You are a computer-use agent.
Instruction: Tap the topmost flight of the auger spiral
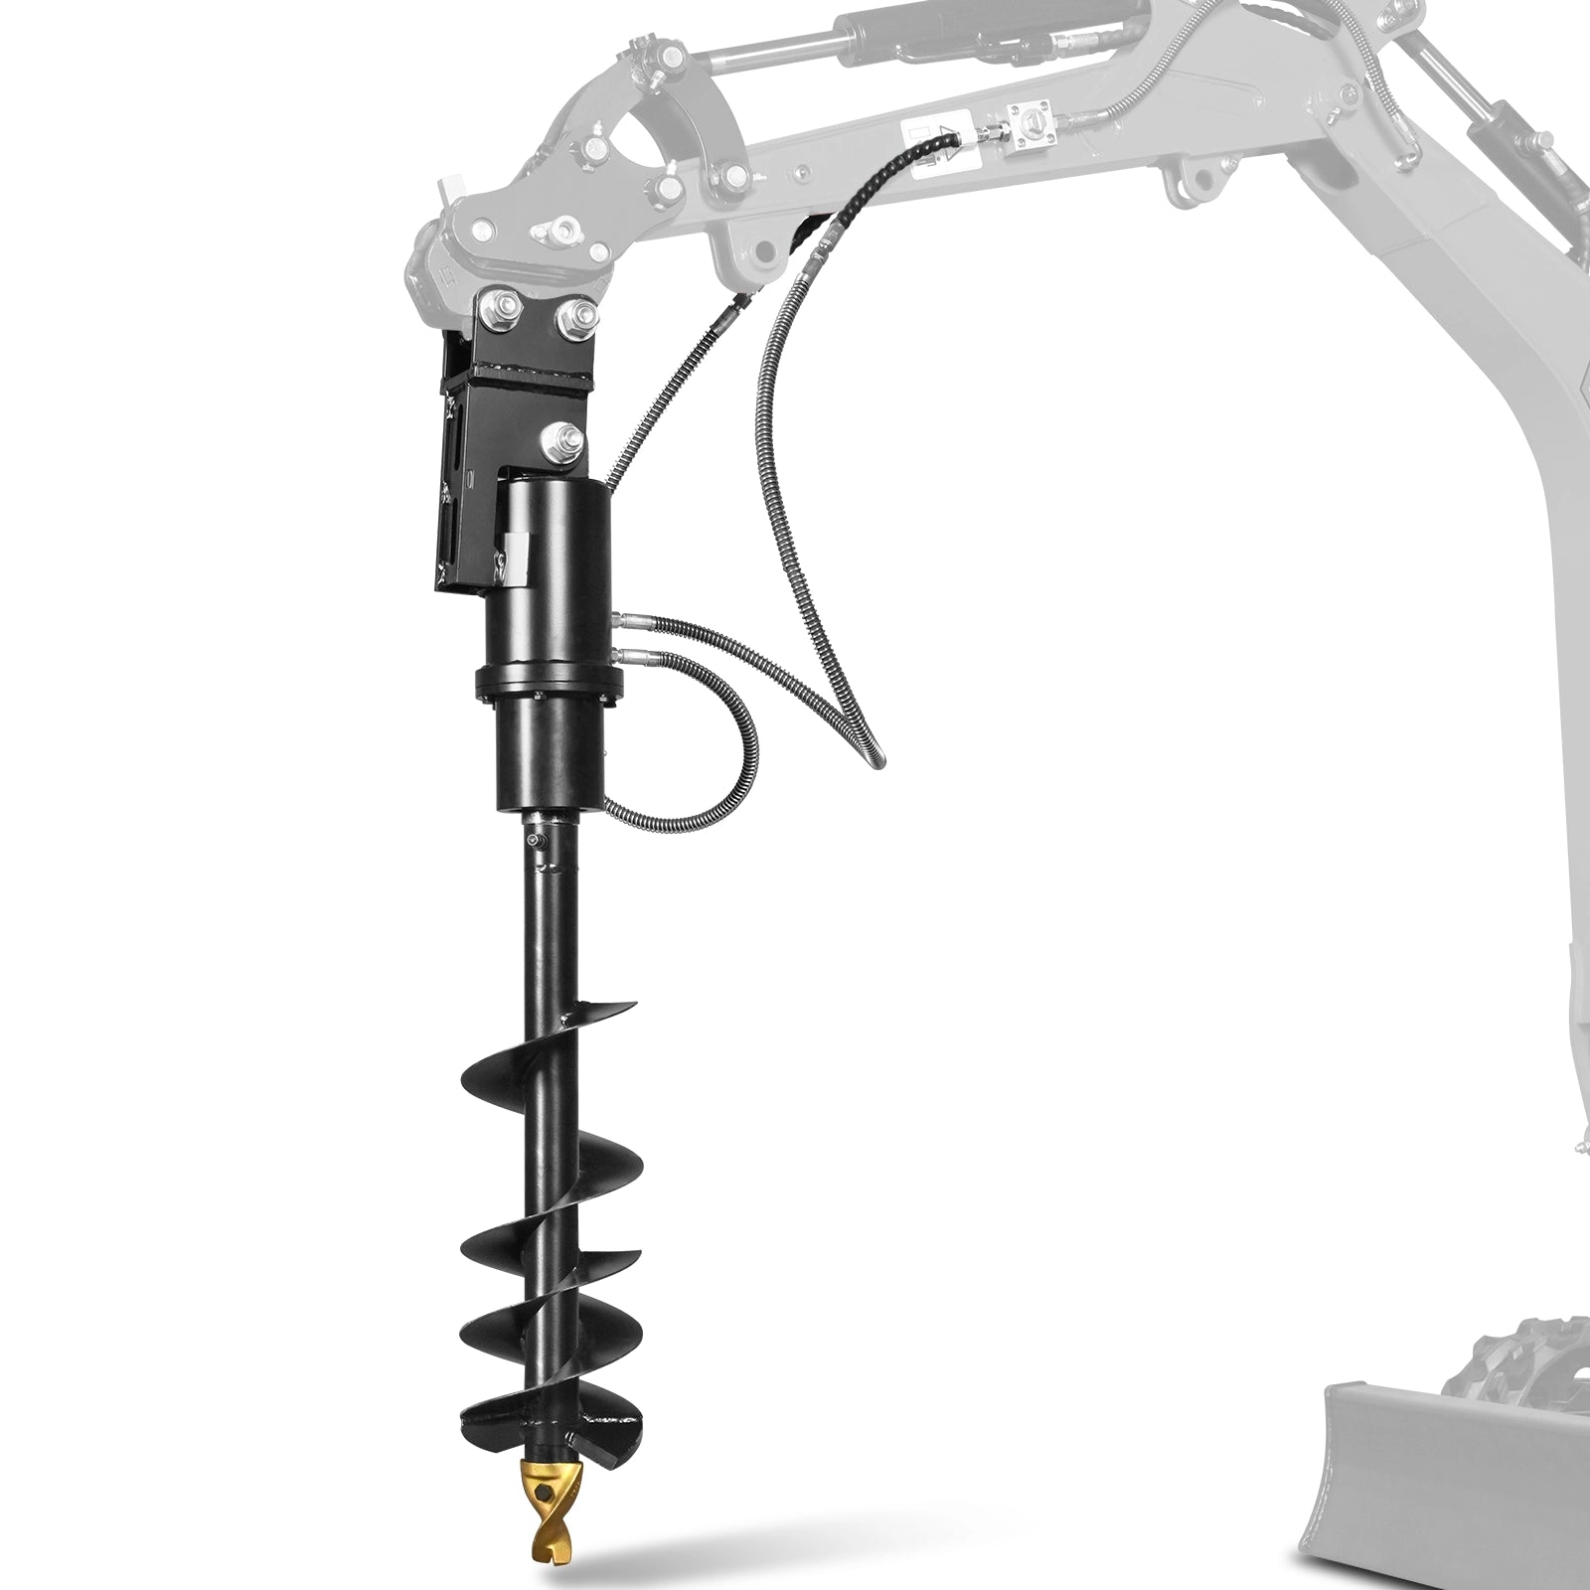click(586, 1024)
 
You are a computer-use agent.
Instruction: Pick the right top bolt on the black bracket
click(573, 317)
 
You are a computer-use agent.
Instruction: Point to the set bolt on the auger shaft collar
click(538, 843)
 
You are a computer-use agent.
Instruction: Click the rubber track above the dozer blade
click(1530, 1351)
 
